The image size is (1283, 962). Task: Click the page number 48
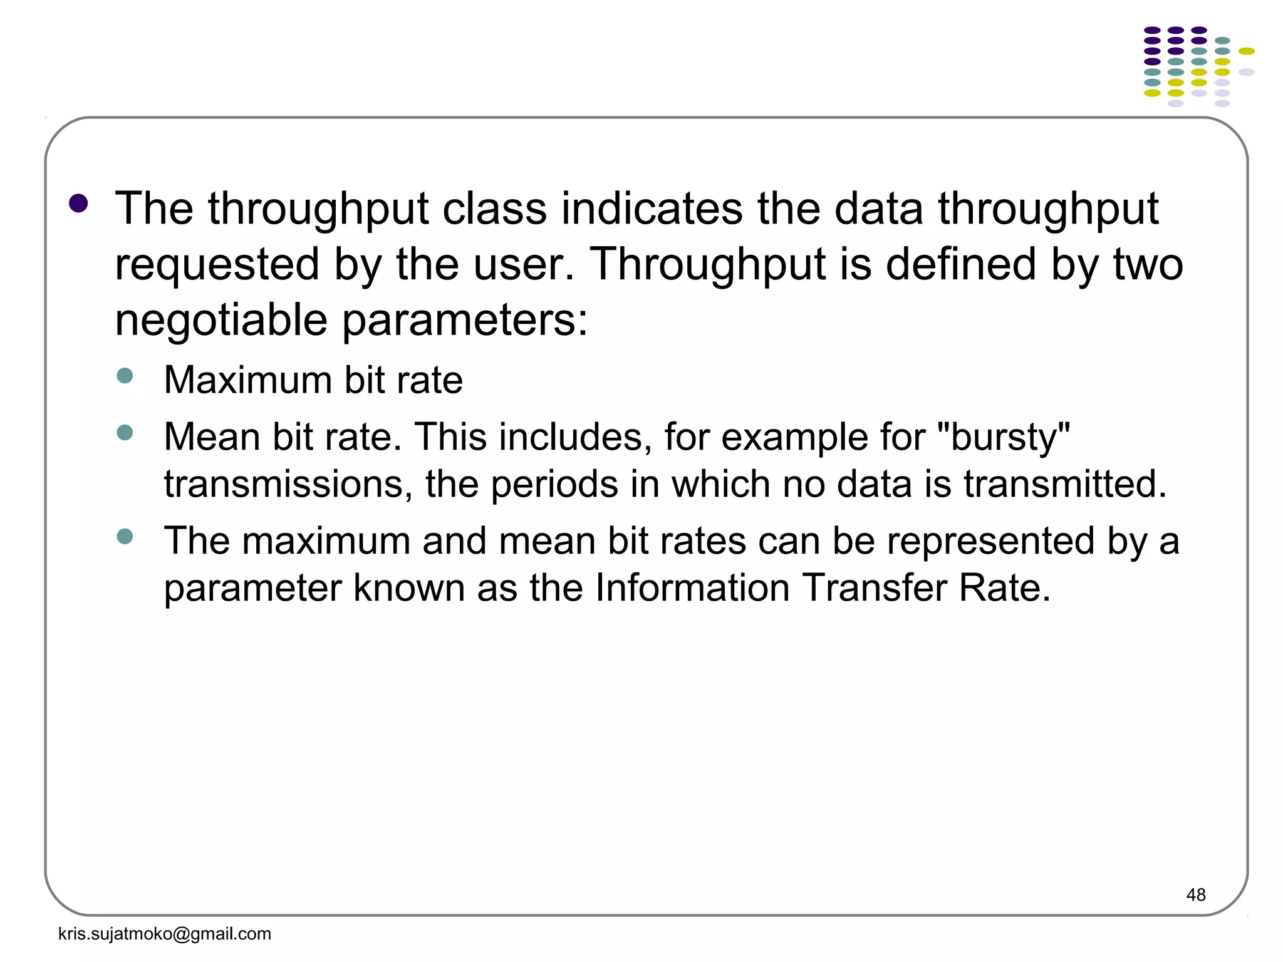(x=1195, y=895)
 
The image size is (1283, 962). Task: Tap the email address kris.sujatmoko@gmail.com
(x=164, y=934)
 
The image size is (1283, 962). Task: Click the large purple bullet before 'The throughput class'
(x=78, y=204)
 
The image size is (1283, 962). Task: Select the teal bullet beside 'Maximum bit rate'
(x=125, y=376)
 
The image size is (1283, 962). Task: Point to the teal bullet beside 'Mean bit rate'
(x=125, y=432)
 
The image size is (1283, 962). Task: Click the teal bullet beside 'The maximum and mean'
(x=125, y=536)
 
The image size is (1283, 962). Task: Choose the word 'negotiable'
(x=221, y=320)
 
